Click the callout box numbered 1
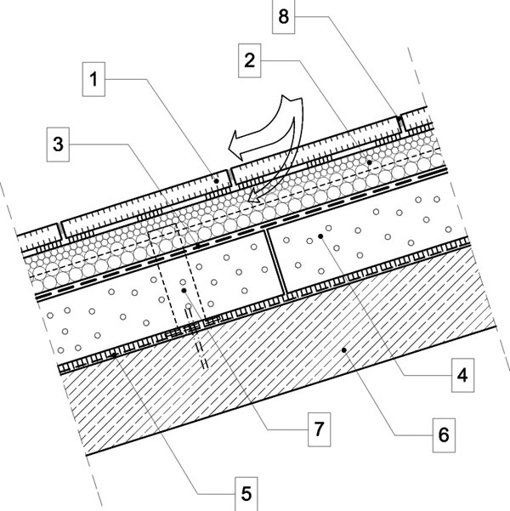[93, 79]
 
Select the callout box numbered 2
[250, 60]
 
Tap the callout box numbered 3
[58, 145]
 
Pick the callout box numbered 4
[462, 375]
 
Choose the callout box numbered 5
[246, 494]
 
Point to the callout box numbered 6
[444, 435]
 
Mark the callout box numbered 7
[320, 429]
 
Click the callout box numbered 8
[284, 17]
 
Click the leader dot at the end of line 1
[217, 180]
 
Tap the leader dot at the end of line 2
[369, 162]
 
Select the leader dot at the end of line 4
[320, 236]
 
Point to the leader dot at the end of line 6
[343, 350]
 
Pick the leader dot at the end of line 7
[184, 290]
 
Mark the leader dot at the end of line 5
[114, 355]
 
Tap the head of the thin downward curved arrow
[254, 197]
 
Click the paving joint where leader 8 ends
[399, 124]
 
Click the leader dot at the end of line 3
[197, 246]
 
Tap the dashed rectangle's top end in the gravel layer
[163, 228]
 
